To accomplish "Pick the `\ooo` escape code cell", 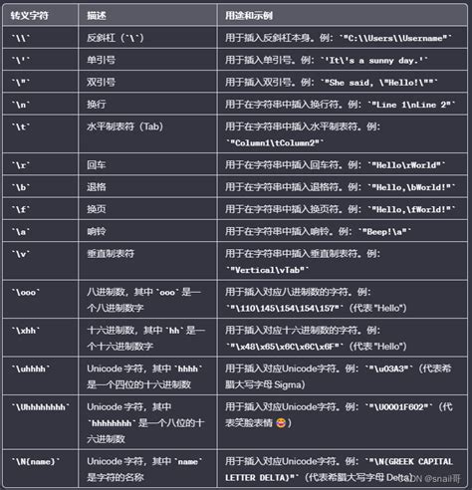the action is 25,291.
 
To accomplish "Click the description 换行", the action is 97,104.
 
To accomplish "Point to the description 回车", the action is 97,161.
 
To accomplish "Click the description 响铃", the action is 97,230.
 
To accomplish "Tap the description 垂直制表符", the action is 111,253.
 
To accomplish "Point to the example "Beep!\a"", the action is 394,231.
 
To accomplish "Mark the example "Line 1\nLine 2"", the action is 403,105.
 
